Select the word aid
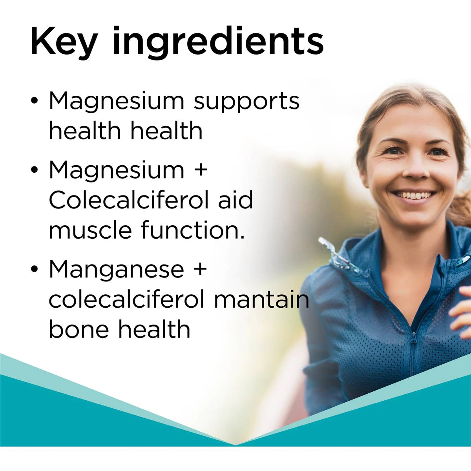235,200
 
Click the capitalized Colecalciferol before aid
129,200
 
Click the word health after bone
154,329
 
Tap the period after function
242,237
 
